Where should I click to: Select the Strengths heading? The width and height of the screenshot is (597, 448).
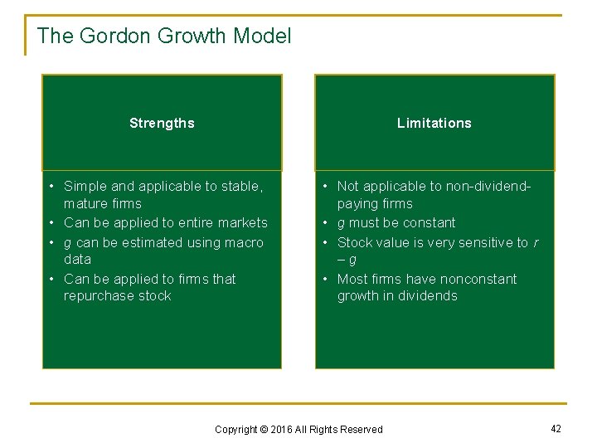(x=162, y=124)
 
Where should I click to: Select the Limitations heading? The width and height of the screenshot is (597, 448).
(x=434, y=124)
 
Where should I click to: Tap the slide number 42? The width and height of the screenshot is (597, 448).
(x=556, y=428)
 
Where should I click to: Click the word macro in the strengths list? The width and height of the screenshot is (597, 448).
(x=244, y=242)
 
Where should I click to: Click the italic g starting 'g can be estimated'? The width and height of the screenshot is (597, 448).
(x=67, y=243)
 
